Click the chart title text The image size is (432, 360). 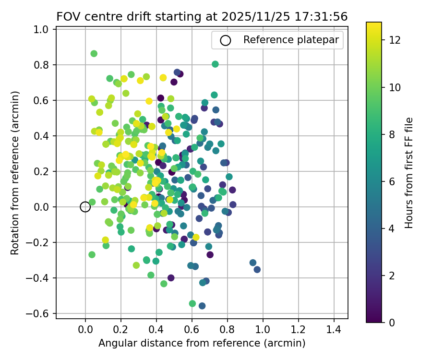(202, 16)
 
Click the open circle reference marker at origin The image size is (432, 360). (85, 207)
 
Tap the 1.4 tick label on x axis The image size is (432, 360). (334, 330)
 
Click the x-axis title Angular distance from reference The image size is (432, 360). (202, 343)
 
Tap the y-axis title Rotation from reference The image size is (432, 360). (15, 173)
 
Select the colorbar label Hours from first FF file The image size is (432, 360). (409, 173)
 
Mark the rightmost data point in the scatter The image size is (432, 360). (257, 269)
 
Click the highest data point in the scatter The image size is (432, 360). (94, 54)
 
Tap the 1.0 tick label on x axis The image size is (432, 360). (263, 330)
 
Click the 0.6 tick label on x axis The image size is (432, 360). (192, 330)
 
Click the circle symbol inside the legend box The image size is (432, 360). (226, 40)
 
